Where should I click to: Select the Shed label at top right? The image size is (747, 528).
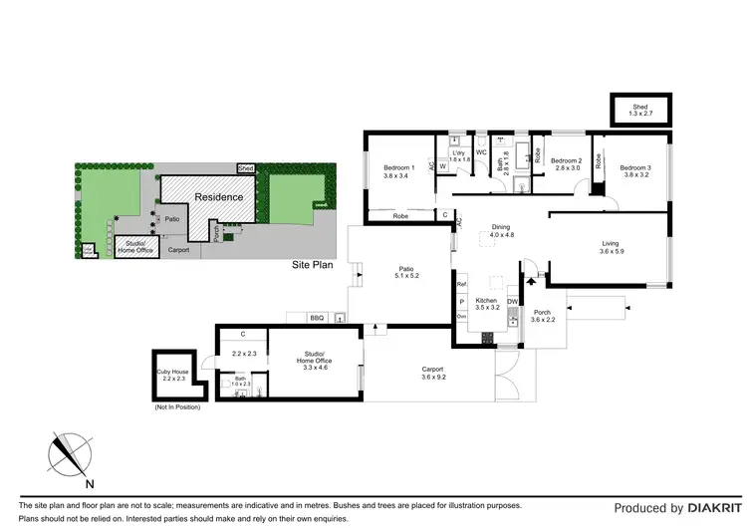(x=639, y=111)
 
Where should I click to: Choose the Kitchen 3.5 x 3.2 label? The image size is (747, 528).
(x=486, y=304)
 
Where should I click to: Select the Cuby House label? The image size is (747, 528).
(x=173, y=376)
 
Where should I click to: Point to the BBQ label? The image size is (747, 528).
(x=317, y=318)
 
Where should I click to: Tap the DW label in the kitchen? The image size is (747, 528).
(x=512, y=300)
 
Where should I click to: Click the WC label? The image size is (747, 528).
(x=480, y=152)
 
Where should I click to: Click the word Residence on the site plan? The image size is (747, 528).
(x=218, y=197)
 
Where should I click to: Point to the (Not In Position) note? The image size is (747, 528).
(x=177, y=407)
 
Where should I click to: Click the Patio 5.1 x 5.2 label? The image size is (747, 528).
(x=406, y=272)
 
